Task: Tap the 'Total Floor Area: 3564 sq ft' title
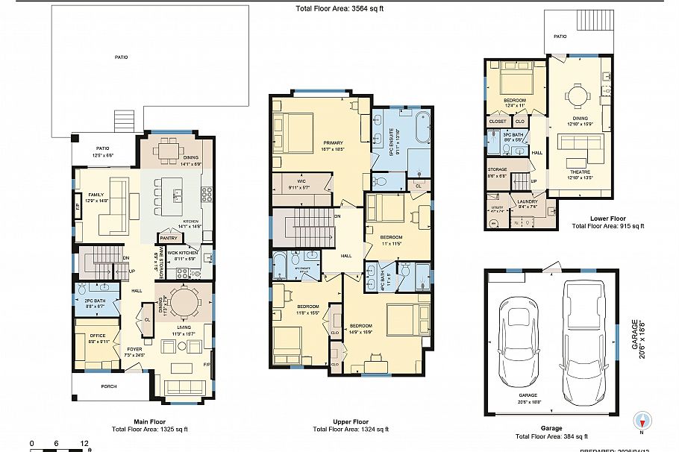click(x=339, y=8)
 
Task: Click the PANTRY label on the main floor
click(x=168, y=238)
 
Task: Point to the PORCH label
click(x=109, y=386)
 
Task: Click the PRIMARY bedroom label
click(x=333, y=142)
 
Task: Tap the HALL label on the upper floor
click(x=346, y=256)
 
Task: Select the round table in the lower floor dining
click(x=576, y=95)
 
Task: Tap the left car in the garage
click(x=517, y=339)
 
